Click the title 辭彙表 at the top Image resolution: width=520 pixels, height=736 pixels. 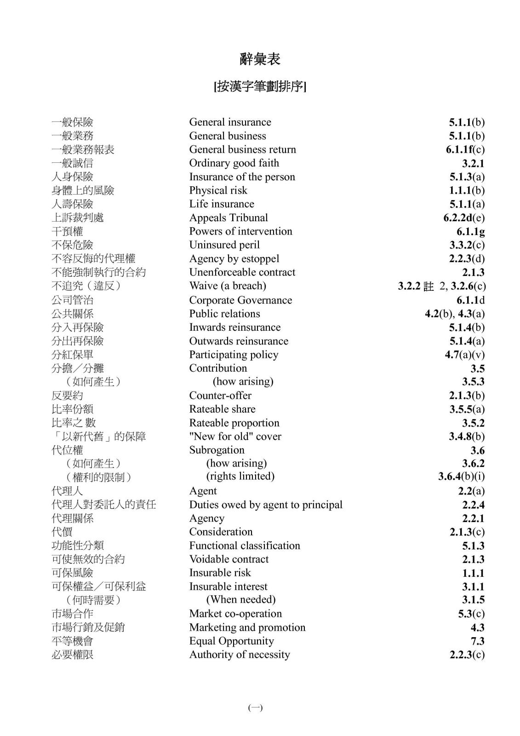260,59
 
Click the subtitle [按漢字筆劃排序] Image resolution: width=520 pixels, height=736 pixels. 260,86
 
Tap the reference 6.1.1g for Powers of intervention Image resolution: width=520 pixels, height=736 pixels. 470,231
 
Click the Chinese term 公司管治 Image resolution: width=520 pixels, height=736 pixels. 72,300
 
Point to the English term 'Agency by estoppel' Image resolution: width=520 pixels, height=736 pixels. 234,259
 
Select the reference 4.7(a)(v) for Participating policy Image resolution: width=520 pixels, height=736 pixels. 464,355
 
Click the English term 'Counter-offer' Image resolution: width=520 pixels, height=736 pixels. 220,396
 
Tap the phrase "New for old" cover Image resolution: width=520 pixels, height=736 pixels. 235,437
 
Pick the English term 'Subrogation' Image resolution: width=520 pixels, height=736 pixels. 217,450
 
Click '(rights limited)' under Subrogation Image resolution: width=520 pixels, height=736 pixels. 240,476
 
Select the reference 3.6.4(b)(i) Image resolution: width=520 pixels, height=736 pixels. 461,477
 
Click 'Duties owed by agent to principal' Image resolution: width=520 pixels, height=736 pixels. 266,505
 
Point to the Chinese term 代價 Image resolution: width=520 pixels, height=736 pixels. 62,532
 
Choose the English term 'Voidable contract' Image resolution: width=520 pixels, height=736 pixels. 229,559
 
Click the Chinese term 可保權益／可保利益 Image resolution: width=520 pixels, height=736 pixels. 98,586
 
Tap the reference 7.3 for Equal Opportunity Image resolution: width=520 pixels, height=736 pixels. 477,641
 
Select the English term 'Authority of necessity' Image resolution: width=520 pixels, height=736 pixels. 240,655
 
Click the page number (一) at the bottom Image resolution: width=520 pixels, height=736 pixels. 256,708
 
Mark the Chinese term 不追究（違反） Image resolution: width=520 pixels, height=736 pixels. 86,286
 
